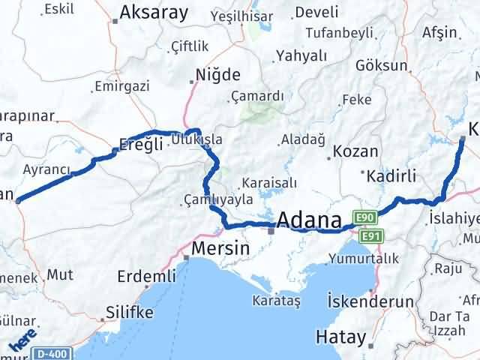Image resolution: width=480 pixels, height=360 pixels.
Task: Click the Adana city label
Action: point(310,220)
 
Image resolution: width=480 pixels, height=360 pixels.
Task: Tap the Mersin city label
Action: point(218,247)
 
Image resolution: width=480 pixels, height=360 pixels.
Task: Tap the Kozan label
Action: point(355,151)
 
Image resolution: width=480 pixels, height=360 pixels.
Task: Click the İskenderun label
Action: point(370,301)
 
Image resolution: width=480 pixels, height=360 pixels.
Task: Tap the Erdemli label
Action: point(145,277)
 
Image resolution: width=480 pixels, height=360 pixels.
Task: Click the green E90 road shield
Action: point(365,217)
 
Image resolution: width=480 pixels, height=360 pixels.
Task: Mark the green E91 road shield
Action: point(367,236)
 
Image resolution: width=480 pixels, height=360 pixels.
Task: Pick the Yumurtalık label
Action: point(362,259)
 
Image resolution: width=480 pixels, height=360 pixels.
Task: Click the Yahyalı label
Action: point(301,55)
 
